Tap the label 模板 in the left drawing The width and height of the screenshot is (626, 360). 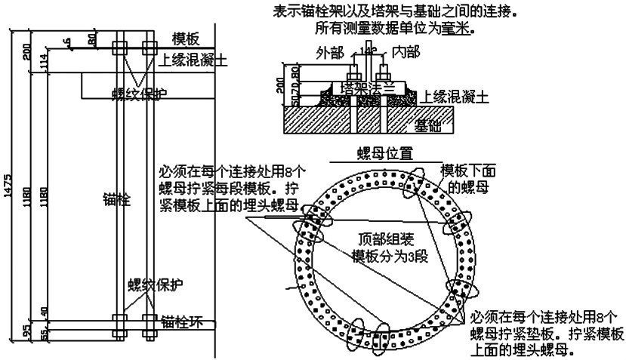click(x=186, y=38)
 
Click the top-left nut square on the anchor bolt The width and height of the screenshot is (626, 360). click(x=119, y=48)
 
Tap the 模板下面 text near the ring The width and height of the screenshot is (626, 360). click(x=465, y=170)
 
